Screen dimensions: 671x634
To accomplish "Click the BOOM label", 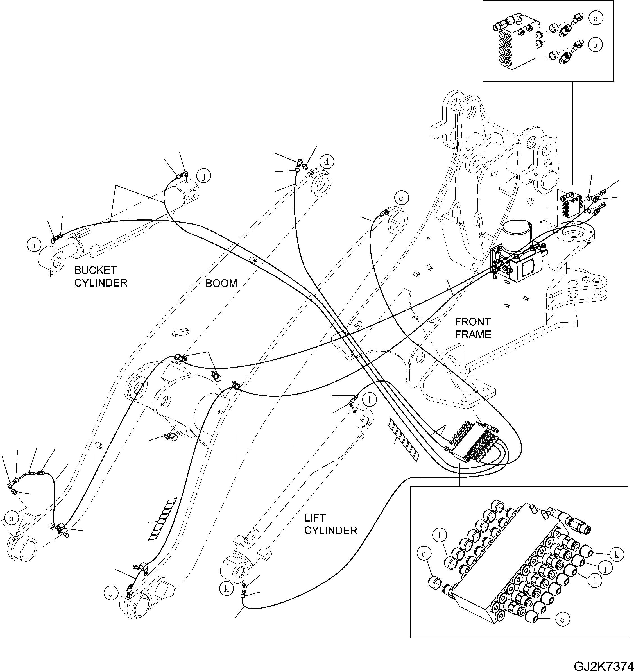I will [221, 283].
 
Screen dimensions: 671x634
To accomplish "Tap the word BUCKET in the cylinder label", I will [95, 270].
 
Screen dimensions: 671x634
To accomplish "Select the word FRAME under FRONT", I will [472, 334].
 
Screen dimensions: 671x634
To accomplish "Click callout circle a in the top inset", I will [595, 18].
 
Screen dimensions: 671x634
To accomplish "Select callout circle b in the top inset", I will [595, 45].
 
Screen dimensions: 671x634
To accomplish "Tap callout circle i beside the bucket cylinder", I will [34, 245].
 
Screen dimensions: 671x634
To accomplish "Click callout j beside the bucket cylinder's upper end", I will [204, 176].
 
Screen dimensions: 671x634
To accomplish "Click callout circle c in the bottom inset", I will [562, 620].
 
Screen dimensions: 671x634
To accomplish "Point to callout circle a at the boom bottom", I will [110, 594].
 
